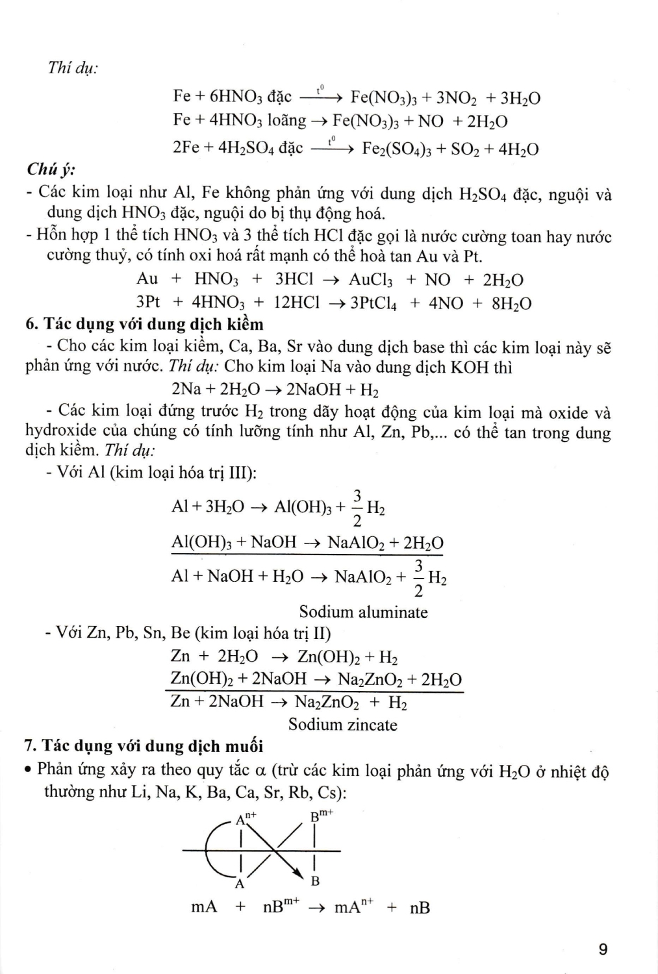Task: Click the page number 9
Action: (603, 949)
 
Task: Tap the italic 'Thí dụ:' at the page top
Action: (73, 68)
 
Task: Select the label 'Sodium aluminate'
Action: (363, 612)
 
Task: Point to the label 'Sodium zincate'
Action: (342, 724)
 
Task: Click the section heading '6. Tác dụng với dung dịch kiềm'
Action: (144, 324)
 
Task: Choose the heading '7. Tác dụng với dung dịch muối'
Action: (144, 746)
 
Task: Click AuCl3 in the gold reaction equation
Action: (370, 280)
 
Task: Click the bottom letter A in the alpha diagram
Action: (240, 883)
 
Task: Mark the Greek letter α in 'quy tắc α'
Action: (261, 771)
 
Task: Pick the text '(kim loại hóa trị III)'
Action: (183, 472)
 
